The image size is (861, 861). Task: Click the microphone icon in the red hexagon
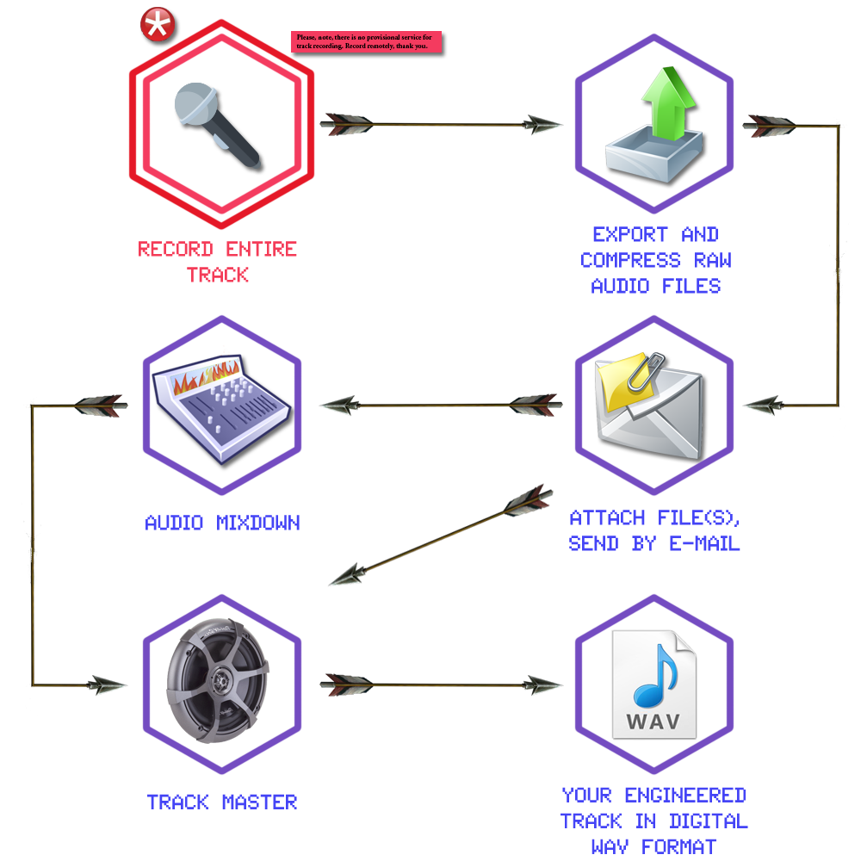(217, 125)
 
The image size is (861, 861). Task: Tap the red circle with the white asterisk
(157, 25)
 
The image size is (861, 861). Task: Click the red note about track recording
(367, 42)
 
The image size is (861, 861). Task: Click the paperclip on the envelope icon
(647, 370)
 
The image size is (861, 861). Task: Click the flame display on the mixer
(204, 377)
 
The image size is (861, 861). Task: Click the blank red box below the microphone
(218, 262)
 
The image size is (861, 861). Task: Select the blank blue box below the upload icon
(655, 260)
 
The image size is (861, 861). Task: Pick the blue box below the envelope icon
(654, 530)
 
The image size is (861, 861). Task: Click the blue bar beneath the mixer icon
(222, 523)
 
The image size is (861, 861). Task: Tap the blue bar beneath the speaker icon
(222, 802)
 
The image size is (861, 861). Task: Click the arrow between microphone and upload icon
(441, 125)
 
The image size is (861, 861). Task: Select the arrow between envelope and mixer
(441, 405)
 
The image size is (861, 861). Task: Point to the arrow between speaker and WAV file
(441, 684)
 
